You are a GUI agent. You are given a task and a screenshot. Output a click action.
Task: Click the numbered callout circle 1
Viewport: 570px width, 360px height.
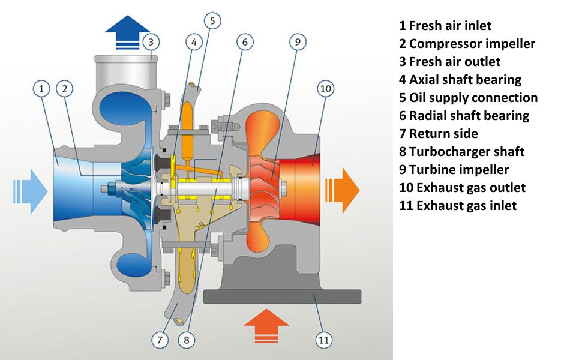point(41,89)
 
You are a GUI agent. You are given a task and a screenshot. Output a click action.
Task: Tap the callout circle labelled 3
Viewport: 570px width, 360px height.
point(152,42)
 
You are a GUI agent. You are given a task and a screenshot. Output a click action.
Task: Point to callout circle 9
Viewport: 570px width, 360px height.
point(298,42)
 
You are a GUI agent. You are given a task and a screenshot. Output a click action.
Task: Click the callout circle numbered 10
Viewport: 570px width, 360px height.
point(325,89)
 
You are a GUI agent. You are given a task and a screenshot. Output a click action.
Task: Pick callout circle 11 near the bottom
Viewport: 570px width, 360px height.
point(324,340)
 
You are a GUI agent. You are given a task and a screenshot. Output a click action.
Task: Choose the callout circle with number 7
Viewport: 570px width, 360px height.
point(160,340)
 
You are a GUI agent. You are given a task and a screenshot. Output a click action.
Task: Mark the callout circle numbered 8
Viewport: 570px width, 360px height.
point(186,340)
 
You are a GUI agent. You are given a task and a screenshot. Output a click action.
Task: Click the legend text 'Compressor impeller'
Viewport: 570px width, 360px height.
point(467,44)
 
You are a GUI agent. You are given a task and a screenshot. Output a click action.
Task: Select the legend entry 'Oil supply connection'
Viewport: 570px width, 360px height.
point(468,98)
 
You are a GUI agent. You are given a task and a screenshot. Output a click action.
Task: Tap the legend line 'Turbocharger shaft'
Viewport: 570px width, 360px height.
point(461,152)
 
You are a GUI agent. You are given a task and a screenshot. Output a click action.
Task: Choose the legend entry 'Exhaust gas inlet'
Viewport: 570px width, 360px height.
point(457,206)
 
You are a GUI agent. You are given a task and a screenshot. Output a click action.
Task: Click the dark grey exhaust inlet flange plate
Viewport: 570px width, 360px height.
point(282,296)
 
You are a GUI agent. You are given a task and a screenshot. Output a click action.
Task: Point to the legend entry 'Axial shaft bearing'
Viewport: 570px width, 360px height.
point(460,80)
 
